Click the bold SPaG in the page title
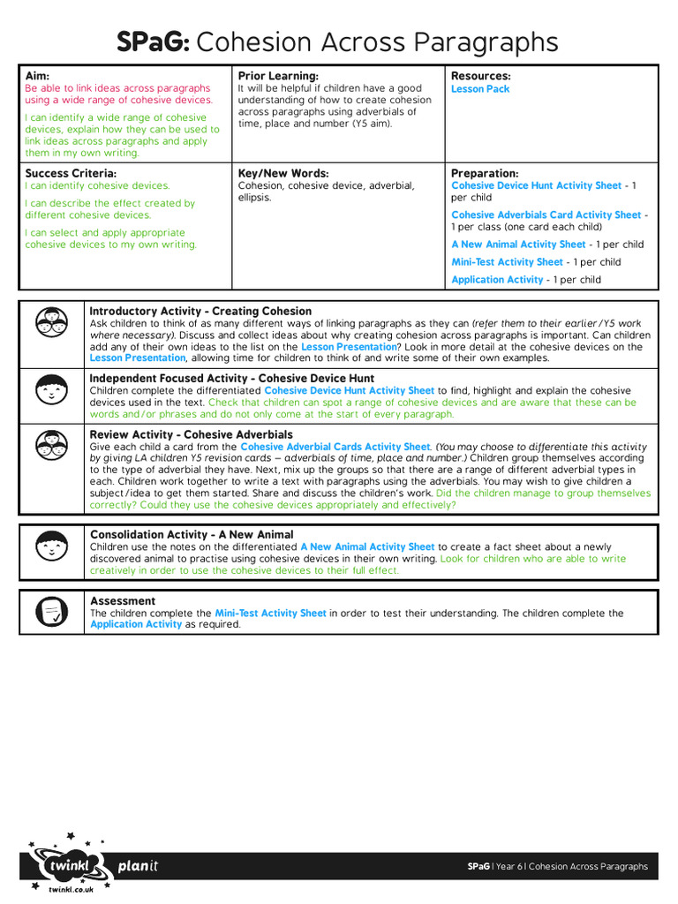click(x=154, y=41)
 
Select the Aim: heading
click(x=38, y=76)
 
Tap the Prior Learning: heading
click(x=278, y=76)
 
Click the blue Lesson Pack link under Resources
click(x=480, y=89)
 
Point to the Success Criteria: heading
click(x=71, y=173)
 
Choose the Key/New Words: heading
click(x=283, y=173)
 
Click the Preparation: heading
click(x=485, y=173)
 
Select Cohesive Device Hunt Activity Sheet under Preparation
click(x=536, y=186)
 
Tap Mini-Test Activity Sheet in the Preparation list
click(x=507, y=262)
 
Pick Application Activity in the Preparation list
click(x=497, y=280)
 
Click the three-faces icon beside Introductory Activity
click(x=52, y=323)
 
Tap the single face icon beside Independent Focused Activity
click(x=52, y=388)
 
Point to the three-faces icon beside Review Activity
click(x=52, y=447)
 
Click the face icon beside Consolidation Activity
click(x=52, y=547)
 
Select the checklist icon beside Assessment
click(x=52, y=610)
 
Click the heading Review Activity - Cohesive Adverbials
click(x=191, y=434)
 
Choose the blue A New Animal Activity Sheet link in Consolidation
click(x=367, y=547)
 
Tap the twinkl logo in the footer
click(x=69, y=867)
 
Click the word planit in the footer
click(x=138, y=866)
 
